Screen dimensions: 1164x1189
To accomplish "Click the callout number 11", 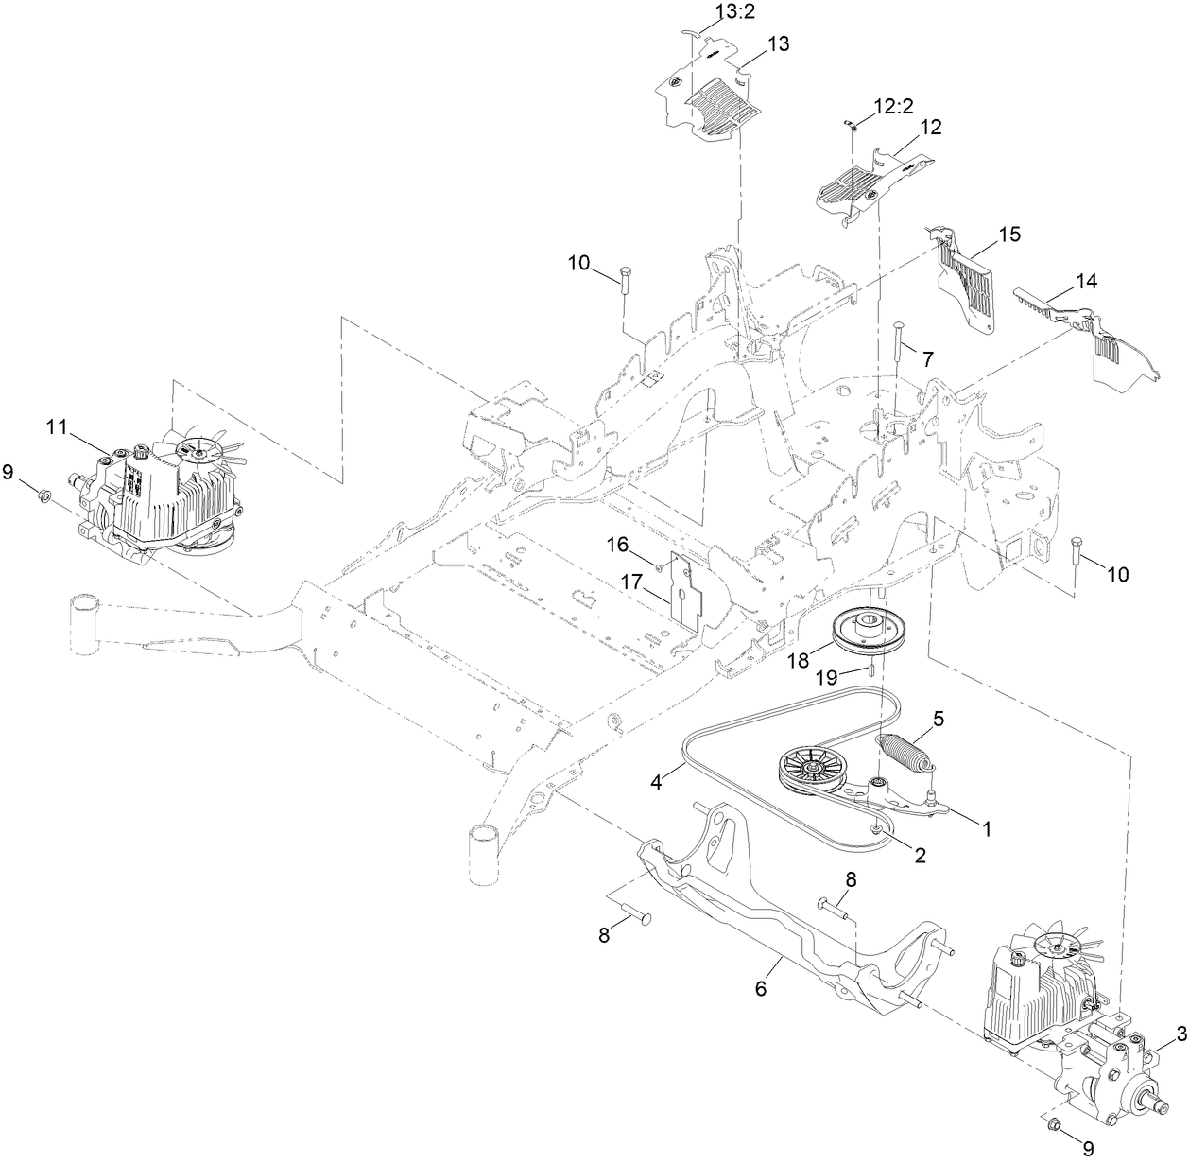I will point(58,426).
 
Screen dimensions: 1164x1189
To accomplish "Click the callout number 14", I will point(1086,281).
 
